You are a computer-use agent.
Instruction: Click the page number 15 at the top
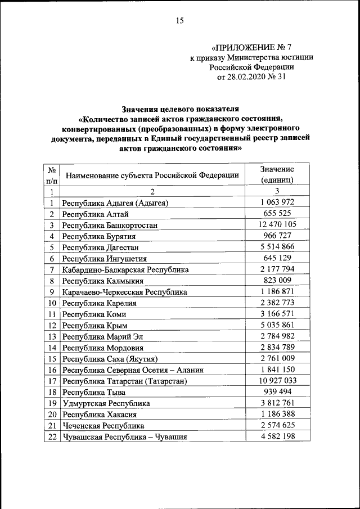[179, 21]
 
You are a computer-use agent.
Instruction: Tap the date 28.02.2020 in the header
[245, 77]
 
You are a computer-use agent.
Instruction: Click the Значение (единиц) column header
[277, 175]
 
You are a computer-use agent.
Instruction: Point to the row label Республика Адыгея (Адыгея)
[116, 203]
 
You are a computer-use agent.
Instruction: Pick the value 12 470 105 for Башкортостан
[277, 224]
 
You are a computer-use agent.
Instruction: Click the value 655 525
[277, 214]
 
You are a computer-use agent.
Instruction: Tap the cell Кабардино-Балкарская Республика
[125, 269]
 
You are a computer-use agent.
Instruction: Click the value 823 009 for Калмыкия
[277, 280]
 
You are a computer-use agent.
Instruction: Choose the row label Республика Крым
[95, 325]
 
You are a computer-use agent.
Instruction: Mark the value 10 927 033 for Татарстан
[277, 381]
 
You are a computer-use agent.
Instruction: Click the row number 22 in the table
[51, 436]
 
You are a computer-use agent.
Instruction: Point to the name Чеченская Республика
[103, 426]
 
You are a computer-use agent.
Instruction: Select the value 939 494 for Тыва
[277, 391]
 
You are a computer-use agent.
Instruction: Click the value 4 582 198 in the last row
[277, 436]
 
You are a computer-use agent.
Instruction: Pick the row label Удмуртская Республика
[106, 403]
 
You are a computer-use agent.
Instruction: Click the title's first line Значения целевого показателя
[180, 108]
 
